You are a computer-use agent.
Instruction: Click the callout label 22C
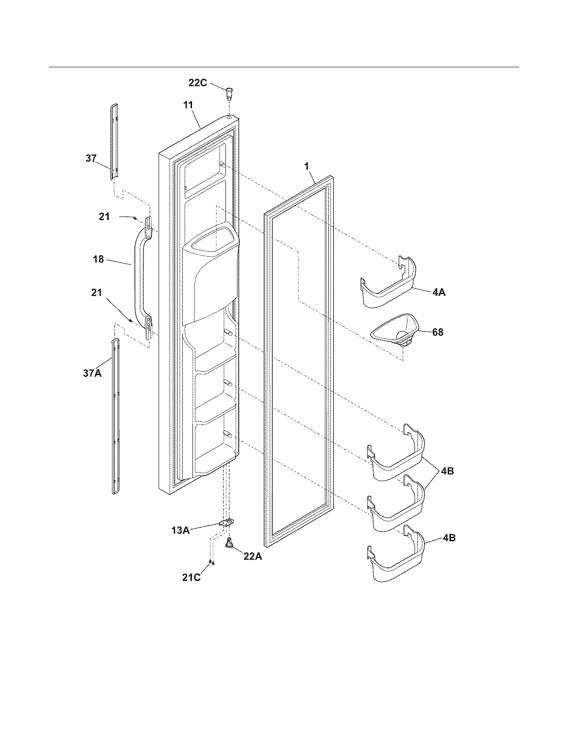pyautogui.click(x=197, y=83)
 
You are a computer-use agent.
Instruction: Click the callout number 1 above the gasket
pyautogui.click(x=306, y=166)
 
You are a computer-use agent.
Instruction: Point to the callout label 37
pyautogui.click(x=91, y=158)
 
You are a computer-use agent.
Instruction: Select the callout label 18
pyautogui.click(x=98, y=259)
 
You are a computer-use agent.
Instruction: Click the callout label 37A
pyautogui.click(x=92, y=373)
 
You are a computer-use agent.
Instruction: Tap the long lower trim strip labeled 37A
pyautogui.click(x=115, y=416)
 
